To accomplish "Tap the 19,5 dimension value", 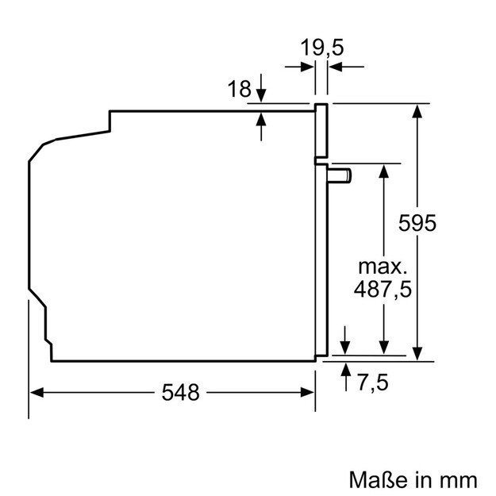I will [x=321, y=48].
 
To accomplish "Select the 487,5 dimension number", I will [x=383, y=290].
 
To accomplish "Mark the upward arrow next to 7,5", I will [x=347, y=368].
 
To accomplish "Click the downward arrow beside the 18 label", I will [x=263, y=97].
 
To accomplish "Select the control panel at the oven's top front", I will [x=321, y=131].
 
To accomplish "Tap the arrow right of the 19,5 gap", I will [x=335, y=68].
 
